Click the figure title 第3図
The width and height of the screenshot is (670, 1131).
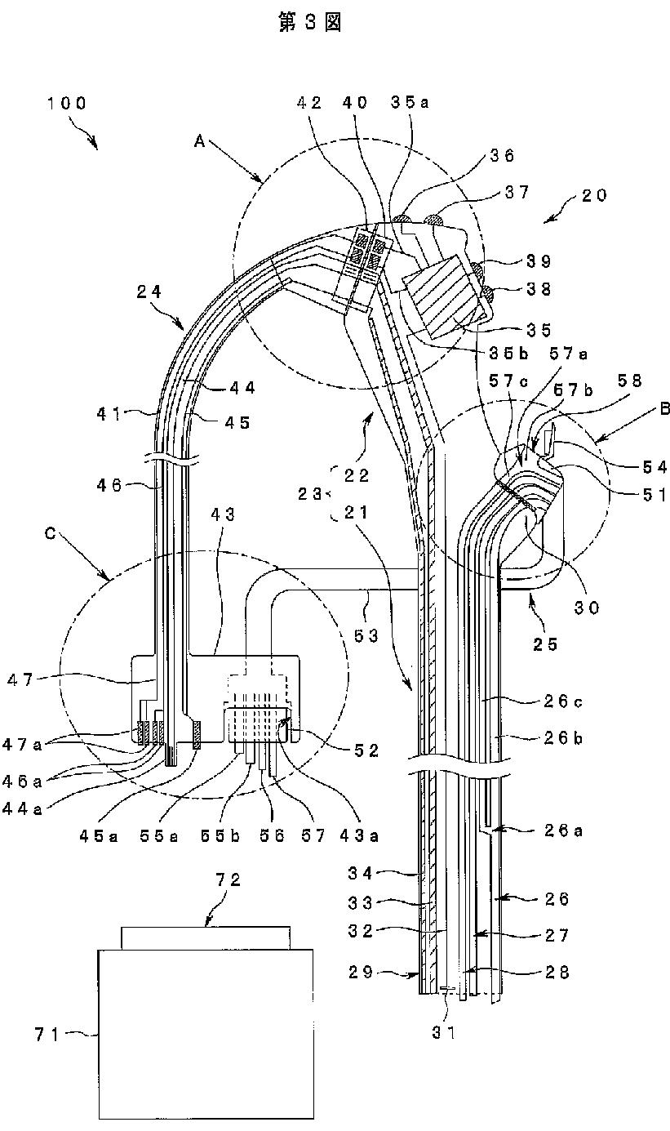[x=308, y=23]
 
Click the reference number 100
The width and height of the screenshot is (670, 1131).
[x=67, y=104]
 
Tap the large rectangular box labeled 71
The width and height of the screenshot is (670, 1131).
[x=206, y=1033]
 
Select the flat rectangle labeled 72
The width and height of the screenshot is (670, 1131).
[x=204, y=937]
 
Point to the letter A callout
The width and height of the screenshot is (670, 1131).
[x=198, y=140]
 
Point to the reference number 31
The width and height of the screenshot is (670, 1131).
[x=444, y=1031]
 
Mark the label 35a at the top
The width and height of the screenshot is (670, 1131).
[x=402, y=103]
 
